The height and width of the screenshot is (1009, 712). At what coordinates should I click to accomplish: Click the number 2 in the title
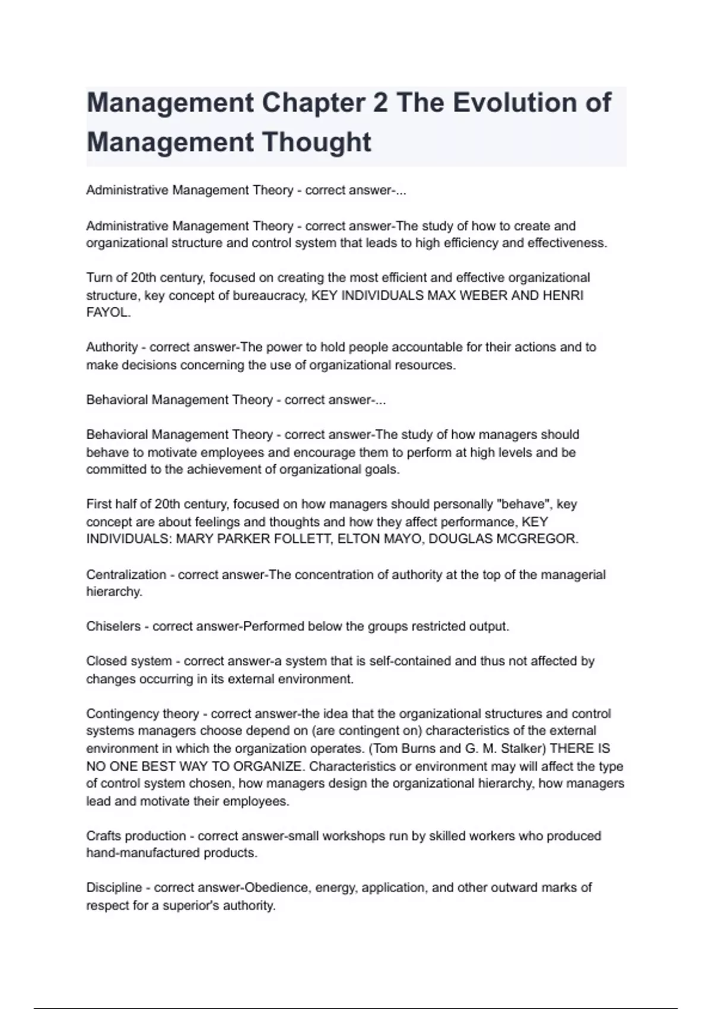[x=380, y=103]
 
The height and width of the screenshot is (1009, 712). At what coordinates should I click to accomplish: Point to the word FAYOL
[x=107, y=312]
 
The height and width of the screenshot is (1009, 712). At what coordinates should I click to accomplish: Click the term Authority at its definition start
[x=112, y=347]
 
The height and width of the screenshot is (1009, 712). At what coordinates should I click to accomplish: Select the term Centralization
[x=126, y=575]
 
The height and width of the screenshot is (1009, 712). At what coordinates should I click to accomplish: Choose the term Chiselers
[x=113, y=626]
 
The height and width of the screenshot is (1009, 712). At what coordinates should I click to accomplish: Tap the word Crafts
[x=102, y=836]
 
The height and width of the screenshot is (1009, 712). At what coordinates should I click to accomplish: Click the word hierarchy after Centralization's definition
[x=114, y=592]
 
